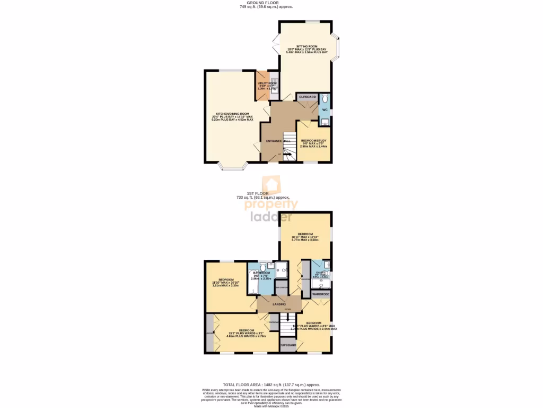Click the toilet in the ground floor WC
[x=325, y=98]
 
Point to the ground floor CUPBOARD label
[x=308, y=97]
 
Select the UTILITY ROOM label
[x=267, y=83]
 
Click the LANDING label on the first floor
[x=279, y=304]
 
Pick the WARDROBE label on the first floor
[x=321, y=293]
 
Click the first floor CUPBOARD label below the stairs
[x=288, y=345]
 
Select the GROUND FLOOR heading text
[x=271, y=3]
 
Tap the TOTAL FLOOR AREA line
[x=271, y=385]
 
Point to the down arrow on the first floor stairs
[x=288, y=318]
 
